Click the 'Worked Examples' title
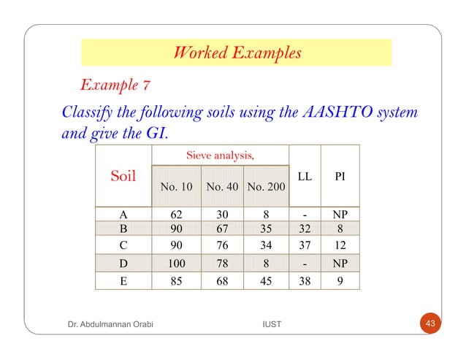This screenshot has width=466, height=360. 236,53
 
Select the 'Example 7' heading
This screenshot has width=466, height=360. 116,85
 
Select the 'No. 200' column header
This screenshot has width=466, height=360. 267,187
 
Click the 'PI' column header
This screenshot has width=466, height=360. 340,176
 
